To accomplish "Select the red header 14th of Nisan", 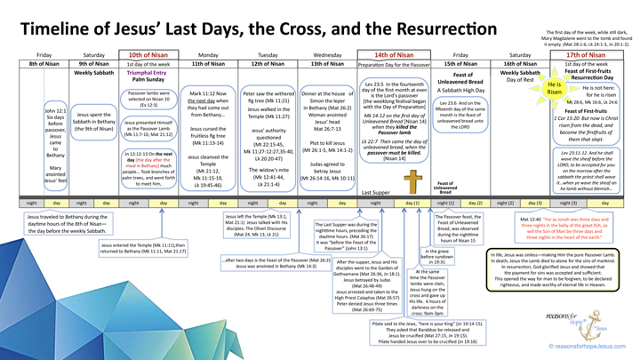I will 394,54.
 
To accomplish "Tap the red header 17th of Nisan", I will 586,54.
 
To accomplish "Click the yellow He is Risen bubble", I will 554,88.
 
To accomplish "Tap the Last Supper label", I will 375,192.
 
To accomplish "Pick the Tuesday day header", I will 268,54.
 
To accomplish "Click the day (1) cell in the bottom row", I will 412,204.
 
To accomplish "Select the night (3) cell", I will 567,204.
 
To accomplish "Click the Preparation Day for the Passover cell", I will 394,64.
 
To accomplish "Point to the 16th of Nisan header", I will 520,64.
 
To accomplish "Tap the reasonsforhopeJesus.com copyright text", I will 588,347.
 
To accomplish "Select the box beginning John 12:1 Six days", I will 55,143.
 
